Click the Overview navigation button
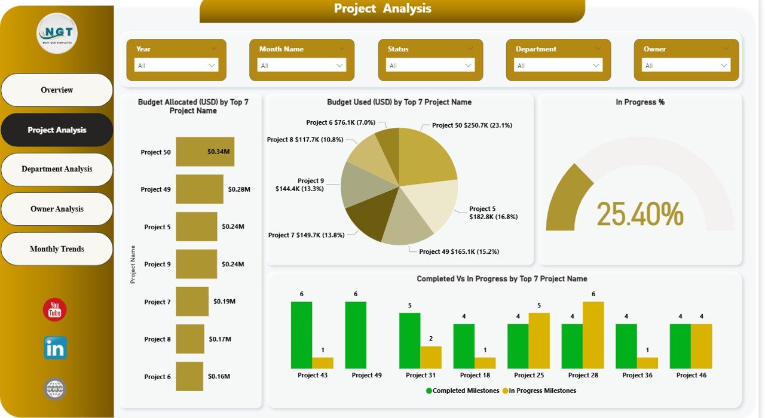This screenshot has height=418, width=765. coord(57,90)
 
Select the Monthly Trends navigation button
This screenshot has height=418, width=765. coord(57,249)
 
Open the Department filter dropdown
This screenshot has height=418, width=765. coord(558,65)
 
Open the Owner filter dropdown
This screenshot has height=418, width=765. coord(686,65)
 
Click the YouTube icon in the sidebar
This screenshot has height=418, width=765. coord(55,310)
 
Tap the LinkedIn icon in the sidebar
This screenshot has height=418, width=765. coord(55,348)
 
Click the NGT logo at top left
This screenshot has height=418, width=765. coord(57,33)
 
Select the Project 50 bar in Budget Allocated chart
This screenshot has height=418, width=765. coord(204,152)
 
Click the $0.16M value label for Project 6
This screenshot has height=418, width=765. coord(219,377)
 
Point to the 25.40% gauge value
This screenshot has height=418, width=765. coord(639,214)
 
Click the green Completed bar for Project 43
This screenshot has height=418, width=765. coord(301,334)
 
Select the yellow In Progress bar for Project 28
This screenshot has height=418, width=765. coord(593,334)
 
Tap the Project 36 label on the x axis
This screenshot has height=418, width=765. coord(637,375)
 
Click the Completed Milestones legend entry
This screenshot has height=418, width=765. coord(461,391)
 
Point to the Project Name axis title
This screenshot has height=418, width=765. coord(133,264)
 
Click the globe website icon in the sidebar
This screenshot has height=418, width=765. coord(55,389)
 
